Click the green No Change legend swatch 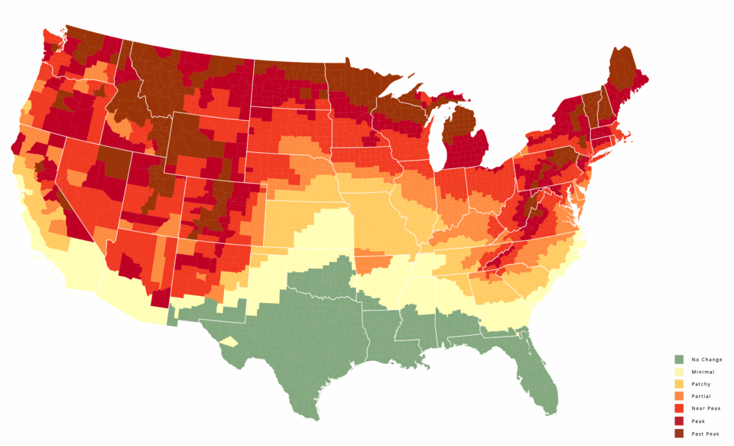click(x=679, y=359)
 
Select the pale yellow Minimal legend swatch click(x=679, y=371)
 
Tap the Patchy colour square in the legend click(x=679, y=383)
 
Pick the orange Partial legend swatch click(x=679, y=396)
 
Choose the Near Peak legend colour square click(x=679, y=408)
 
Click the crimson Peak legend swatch click(x=679, y=420)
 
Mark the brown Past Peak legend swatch click(x=679, y=433)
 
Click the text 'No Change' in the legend click(x=706, y=359)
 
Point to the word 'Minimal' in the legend click(x=703, y=371)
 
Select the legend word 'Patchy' click(x=702, y=383)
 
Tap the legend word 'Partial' click(x=702, y=396)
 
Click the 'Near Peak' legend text click(x=706, y=408)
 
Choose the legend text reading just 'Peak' click(x=698, y=420)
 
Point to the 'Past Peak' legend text click(x=706, y=433)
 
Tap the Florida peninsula click(x=538, y=375)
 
